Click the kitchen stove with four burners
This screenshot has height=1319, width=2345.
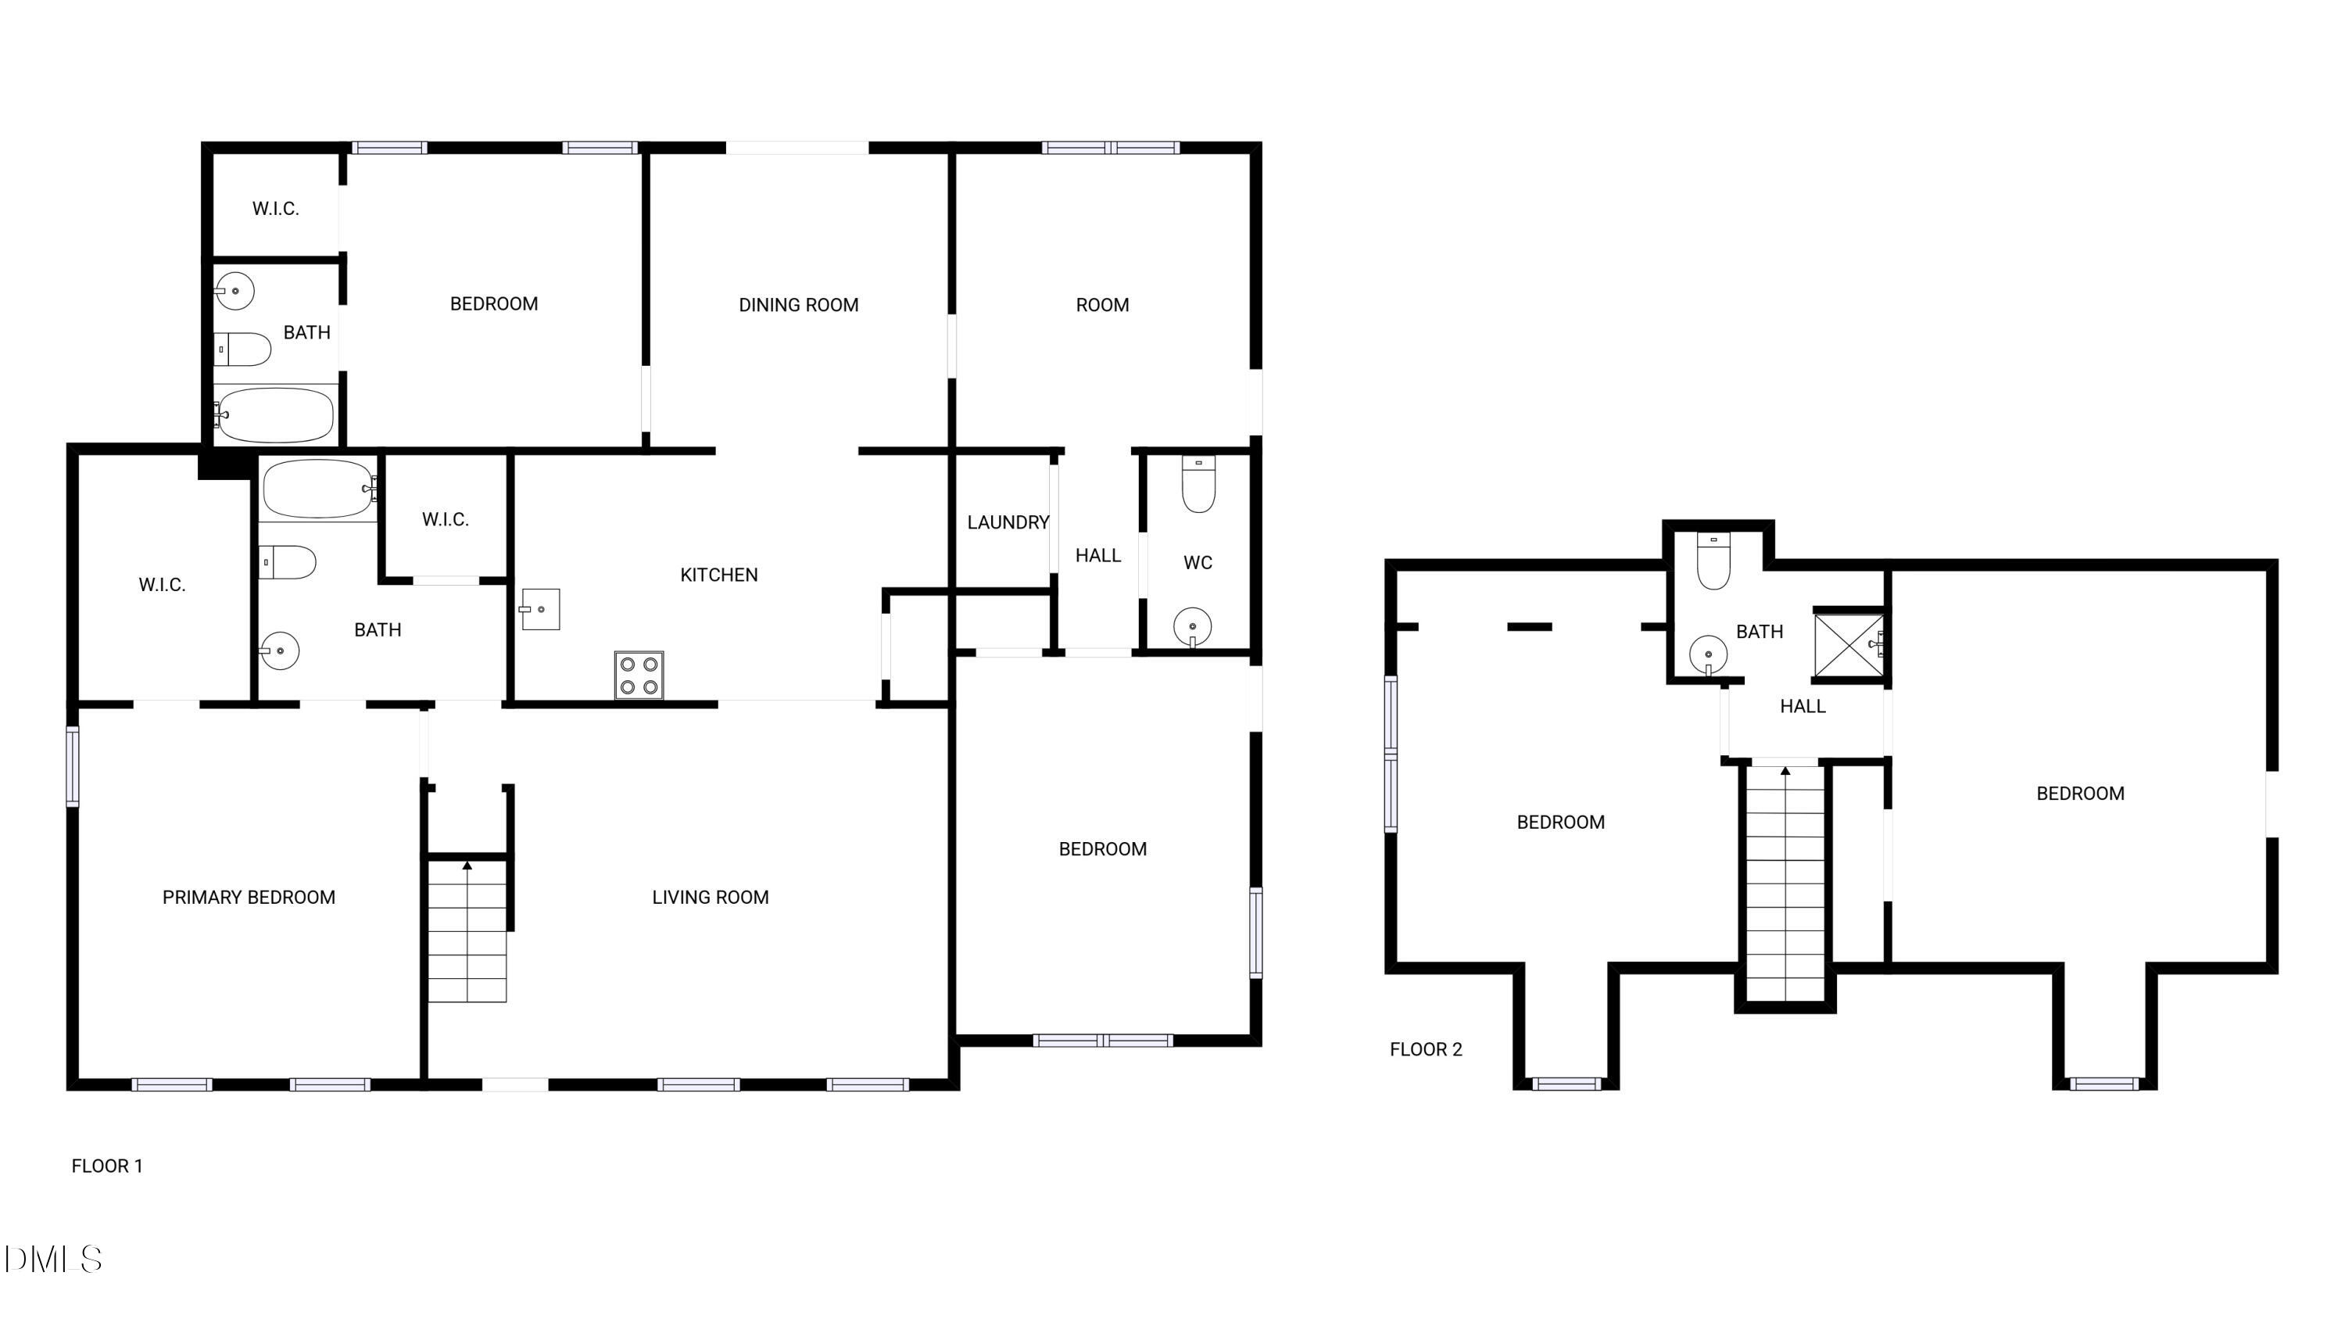[x=639, y=676]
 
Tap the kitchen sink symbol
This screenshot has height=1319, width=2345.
[x=540, y=609]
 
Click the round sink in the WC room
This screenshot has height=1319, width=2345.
[x=1193, y=626]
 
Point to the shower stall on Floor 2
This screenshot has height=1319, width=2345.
[x=1848, y=645]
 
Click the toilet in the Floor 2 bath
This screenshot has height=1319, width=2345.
[x=1713, y=561]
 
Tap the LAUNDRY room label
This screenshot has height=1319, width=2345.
[x=1008, y=522]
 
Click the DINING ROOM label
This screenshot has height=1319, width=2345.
[x=798, y=305]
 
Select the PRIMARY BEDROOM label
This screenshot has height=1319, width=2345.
[x=249, y=898]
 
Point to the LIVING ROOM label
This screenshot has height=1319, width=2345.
[x=710, y=898]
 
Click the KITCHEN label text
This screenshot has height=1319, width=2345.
[x=719, y=575]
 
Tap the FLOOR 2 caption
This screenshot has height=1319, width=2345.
[x=1426, y=1049]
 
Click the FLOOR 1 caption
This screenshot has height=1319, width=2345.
[x=107, y=1166]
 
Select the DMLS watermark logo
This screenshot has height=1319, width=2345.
[x=53, y=1260]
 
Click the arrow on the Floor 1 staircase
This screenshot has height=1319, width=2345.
[x=467, y=866]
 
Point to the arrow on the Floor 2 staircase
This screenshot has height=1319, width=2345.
[x=1785, y=772]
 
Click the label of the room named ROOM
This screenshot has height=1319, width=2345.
[x=1102, y=305]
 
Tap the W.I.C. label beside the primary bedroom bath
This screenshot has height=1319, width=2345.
[x=445, y=520]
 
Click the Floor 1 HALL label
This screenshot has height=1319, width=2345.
[x=1098, y=555]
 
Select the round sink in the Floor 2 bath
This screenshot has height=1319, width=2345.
[x=1709, y=654]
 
